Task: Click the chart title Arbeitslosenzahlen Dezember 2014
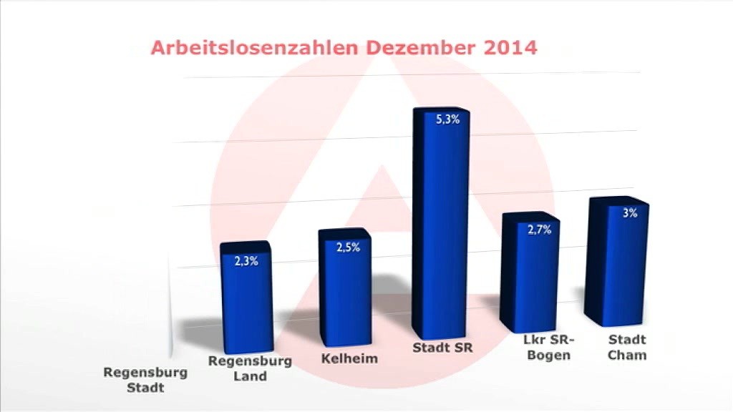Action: [344, 49]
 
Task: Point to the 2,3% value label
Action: [246, 261]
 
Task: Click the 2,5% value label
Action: [349, 247]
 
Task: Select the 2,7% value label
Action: [539, 230]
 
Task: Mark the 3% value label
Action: [630, 212]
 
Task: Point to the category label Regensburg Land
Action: [250, 368]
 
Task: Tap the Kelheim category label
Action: [349, 358]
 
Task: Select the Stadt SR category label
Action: [444, 348]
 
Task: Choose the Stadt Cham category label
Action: [627, 347]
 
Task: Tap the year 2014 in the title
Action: [510, 49]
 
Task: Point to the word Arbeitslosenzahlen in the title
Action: [256, 49]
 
